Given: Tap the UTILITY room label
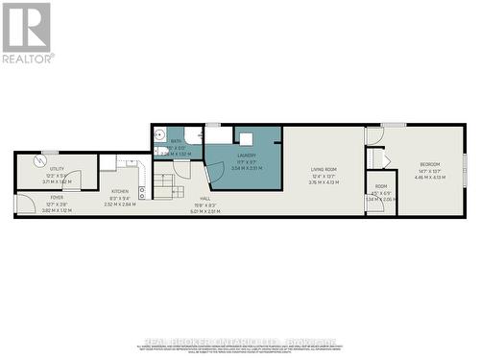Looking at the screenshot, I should pyautogui.click(x=57, y=168).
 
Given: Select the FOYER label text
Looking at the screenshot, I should pyautogui.click(x=57, y=198).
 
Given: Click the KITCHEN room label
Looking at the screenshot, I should pyautogui.click(x=119, y=191).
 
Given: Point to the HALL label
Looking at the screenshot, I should pyautogui.click(x=205, y=198).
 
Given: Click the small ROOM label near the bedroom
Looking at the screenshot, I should pyautogui.click(x=381, y=186).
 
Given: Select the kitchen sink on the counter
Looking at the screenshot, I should pyautogui.click(x=141, y=191).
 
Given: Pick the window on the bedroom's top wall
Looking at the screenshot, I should pyautogui.click(x=393, y=125).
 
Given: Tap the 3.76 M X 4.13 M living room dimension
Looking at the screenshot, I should pyautogui.click(x=324, y=182).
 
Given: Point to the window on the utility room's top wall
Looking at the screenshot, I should pyautogui.click(x=49, y=152).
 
